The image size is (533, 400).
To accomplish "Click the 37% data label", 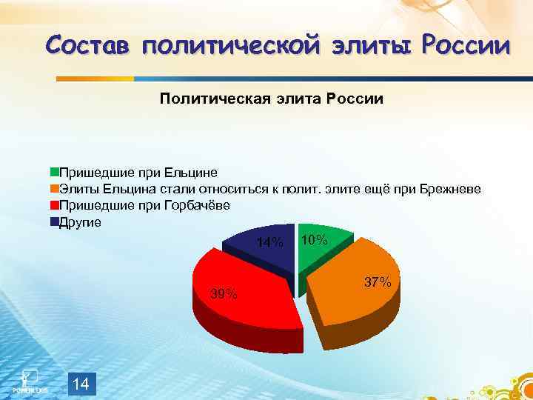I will tap(378, 282).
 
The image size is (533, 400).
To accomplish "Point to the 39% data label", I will tap(224, 294).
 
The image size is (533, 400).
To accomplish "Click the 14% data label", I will tap(269, 243).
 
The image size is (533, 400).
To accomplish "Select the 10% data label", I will tap(315, 240).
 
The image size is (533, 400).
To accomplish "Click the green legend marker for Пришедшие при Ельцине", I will tap(54, 173).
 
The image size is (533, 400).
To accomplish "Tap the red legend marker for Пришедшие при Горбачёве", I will tap(54, 205).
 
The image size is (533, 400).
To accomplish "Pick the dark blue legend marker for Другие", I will tap(54, 221).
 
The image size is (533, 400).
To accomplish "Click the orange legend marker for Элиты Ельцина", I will tap(54, 190).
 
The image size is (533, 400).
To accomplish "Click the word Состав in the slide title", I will tap(85, 46).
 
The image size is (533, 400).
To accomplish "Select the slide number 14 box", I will tap(81, 384).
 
